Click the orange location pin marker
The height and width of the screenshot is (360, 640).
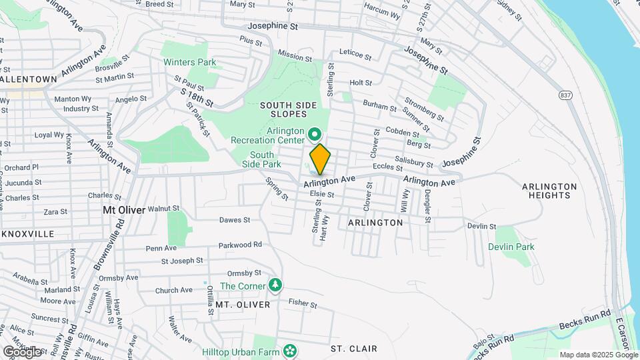(320, 159)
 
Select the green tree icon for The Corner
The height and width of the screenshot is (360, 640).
(275, 285)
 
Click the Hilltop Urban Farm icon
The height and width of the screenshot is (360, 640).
(289, 351)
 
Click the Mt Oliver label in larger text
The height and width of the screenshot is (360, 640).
(123, 209)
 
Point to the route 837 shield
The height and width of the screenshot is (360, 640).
(566, 95)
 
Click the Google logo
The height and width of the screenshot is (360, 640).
(21, 351)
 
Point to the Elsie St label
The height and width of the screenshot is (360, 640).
(321, 194)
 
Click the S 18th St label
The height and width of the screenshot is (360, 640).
(197, 99)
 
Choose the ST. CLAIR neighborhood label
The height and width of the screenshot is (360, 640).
(354, 349)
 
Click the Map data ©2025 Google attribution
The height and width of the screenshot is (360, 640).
(598, 355)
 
